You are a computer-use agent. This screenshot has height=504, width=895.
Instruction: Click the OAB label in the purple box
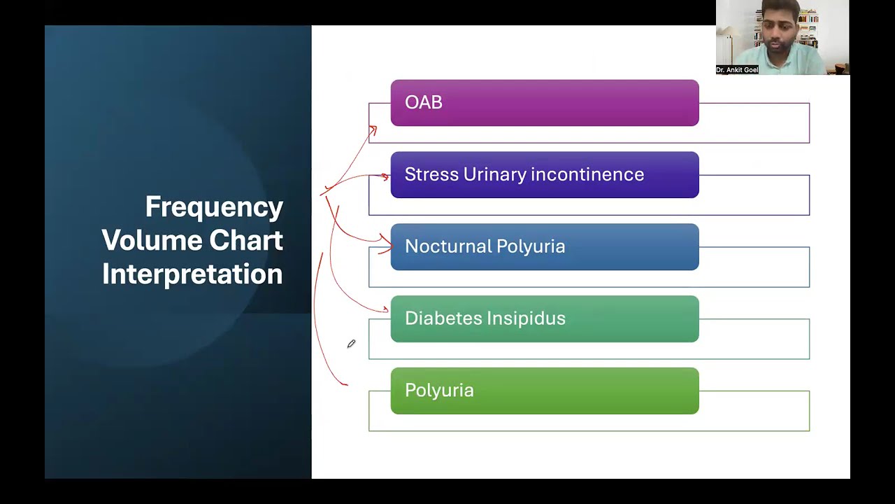[x=423, y=102]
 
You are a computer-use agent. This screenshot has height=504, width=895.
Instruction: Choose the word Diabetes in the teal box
[x=442, y=318]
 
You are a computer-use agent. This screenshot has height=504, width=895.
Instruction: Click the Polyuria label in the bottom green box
[x=439, y=391]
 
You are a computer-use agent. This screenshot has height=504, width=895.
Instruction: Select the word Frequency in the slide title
[x=214, y=207]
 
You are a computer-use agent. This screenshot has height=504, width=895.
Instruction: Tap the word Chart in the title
[x=246, y=241]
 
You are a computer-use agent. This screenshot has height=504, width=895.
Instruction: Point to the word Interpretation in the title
[x=192, y=274]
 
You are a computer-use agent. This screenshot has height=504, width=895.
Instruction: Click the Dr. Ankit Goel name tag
[x=737, y=70]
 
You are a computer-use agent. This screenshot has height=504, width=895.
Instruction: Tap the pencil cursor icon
[x=351, y=344]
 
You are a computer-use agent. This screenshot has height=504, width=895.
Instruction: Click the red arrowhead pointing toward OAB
[x=373, y=129]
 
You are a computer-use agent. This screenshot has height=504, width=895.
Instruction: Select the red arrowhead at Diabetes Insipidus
[x=385, y=309]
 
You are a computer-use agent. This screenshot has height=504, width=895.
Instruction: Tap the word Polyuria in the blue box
[x=532, y=246]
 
